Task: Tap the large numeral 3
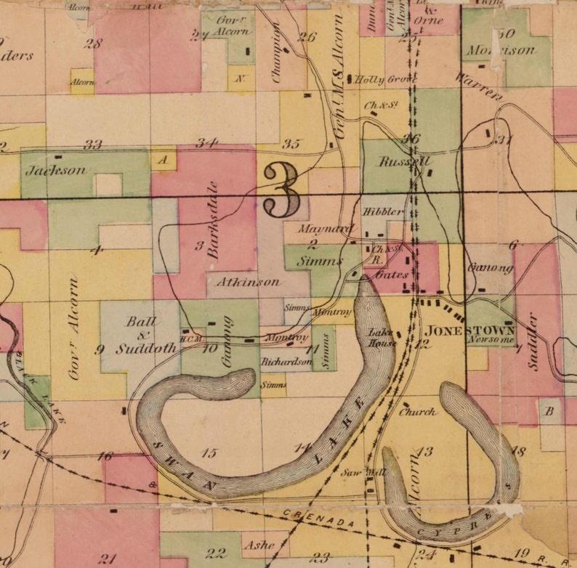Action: [x=281, y=190]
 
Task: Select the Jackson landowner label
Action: [x=55, y=171]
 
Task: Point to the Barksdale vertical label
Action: [x=212, y=219]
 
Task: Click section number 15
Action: [x=209, y=453]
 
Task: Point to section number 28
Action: [x=92, y=44]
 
